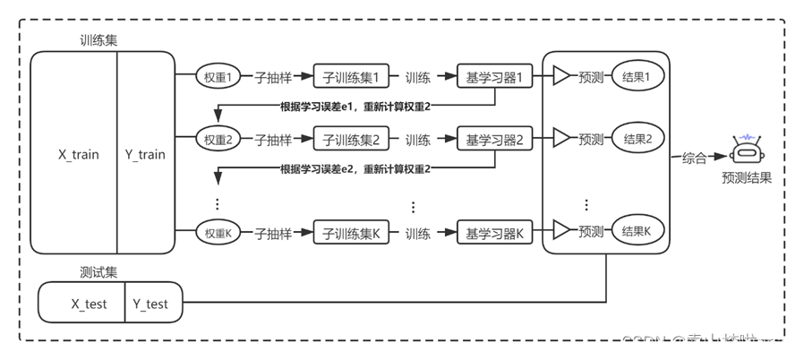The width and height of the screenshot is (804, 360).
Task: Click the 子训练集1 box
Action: (351, 78)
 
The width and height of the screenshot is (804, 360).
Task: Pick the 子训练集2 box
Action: (351, 140)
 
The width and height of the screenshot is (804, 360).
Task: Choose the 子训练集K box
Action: (351, 234)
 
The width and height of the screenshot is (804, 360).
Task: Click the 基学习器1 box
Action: (494, 78)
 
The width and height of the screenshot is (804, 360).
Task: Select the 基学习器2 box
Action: (494, 140)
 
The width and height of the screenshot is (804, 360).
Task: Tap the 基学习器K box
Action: (494, 234)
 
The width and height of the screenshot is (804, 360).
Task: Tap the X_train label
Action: (79, 154)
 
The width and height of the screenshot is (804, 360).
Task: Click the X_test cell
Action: (89, 304)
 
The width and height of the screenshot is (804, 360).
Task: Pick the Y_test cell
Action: (150, 304)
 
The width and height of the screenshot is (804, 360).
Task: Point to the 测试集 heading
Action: (98, 270)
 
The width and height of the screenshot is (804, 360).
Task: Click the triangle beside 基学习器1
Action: (561, 78)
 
